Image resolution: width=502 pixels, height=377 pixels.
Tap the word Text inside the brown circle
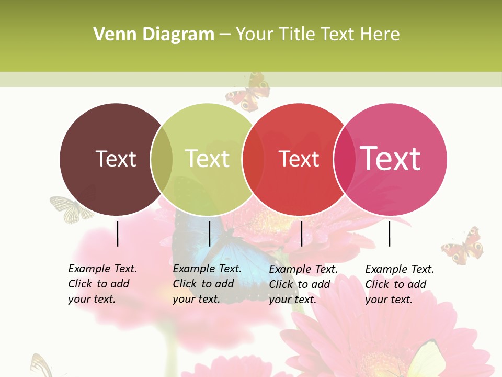coord(116,159)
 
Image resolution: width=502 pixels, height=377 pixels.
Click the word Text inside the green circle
coord(207,159)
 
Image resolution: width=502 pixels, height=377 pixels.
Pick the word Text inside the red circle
coord(299,159)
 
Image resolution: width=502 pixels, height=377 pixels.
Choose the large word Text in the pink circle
coord(390,158)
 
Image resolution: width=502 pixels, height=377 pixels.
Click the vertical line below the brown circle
coord(117,234)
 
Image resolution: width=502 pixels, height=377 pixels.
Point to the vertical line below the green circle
coord(209,234)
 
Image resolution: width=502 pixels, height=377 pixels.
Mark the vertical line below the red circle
coord(301,234)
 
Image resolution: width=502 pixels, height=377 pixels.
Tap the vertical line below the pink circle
coord(389,234)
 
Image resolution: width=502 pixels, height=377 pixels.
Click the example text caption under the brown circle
coord(102,284)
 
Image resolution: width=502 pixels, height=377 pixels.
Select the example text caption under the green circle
coord(207,284)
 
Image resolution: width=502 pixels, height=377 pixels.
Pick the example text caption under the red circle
coord(303,284)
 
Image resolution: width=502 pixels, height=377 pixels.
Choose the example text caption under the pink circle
coord(399,284)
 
